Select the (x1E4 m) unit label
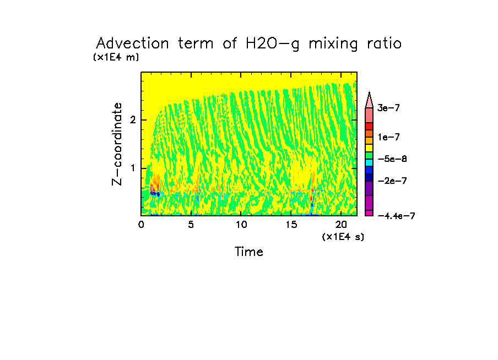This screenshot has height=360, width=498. [116, 57]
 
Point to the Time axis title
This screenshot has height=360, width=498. [249, 252]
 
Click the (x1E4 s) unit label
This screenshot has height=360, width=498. [343, 237]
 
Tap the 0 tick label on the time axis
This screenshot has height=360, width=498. [141, 225]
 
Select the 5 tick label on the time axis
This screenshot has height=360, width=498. [191, 225]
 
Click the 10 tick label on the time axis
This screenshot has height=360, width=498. [241, 225]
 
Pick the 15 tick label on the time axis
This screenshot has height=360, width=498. [291, 225]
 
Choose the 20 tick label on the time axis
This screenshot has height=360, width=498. [340, 225]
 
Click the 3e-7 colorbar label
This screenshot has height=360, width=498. [388, 108]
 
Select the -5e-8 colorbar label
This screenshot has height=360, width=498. [392, 159]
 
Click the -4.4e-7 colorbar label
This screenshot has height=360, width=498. [396, 216]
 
